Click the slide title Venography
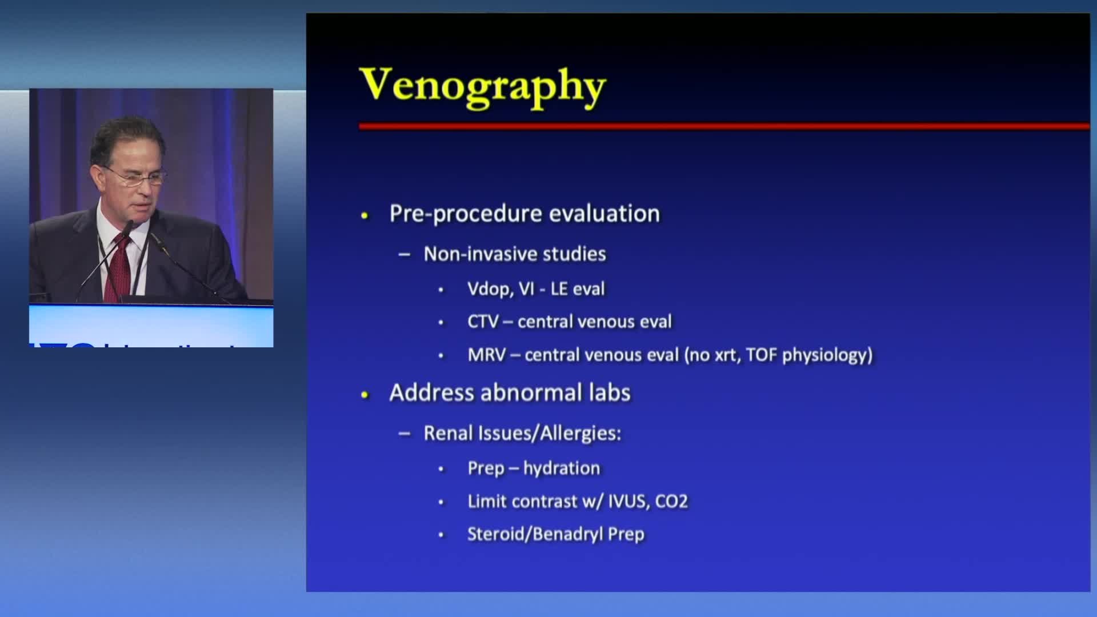[x=483, y=87]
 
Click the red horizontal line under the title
[x=724, y=126]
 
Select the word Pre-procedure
[x=466, y=214]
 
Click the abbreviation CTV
[x=483, y=322]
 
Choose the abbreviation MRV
[x=487, y=355]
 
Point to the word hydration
[x=562, y=468]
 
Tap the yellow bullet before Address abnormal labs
[x=365, y=394]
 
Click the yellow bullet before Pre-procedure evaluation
[x=365, y=215]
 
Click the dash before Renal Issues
[x=405, y=434]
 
